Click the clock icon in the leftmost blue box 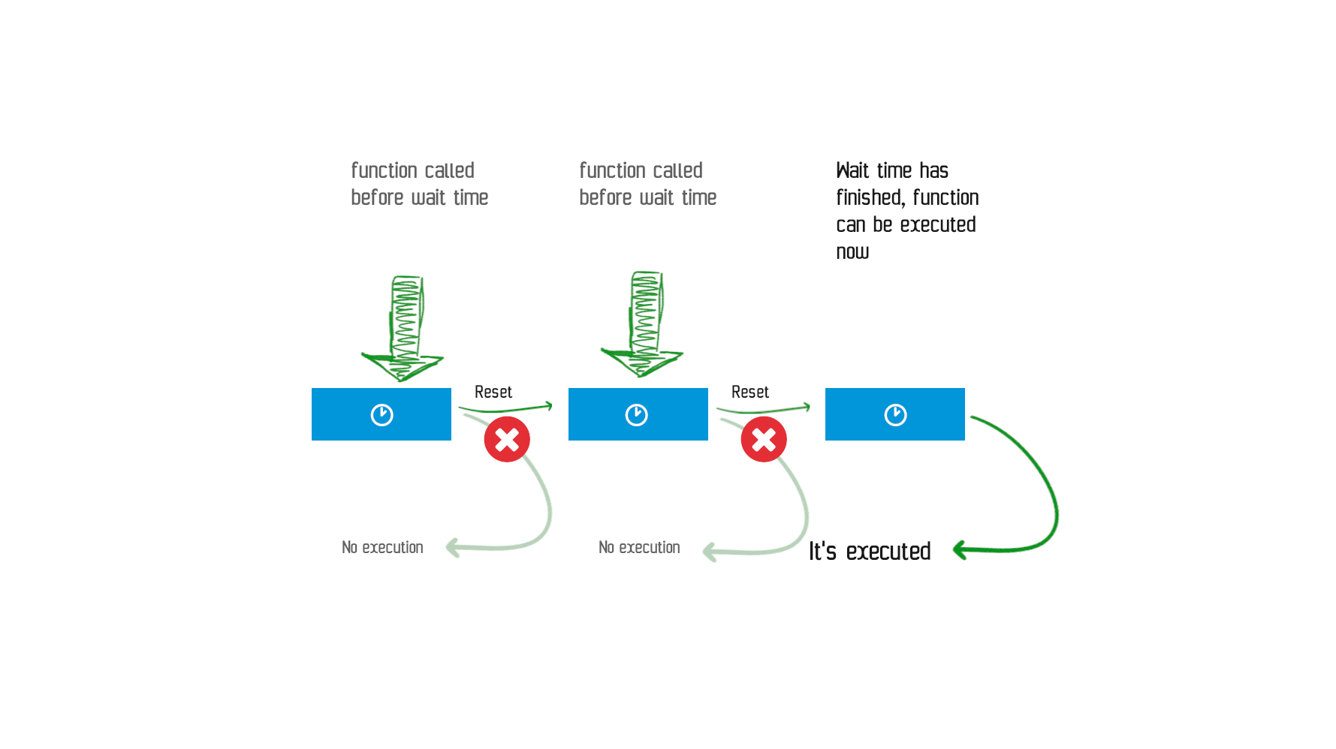tap(381, 415)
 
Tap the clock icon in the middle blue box tap(637, 415)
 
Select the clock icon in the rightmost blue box tap(895, 415)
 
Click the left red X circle tap(507, 439)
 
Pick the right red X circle tap(764, 439)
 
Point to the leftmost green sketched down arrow tap(403, 328)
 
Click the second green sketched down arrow tap(643, 323)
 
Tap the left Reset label tap(493, 392)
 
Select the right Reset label tap(750, 392)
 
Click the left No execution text tap(382, 547)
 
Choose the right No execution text tap(639, 547)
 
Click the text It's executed tap(870, 551)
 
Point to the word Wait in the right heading tap(852, 170)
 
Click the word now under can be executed tap(852, 252)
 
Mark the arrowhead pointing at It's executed tap(960, 550)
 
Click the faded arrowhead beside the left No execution tap(453, 547)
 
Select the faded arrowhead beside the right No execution tap(710, 552)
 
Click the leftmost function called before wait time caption tap(420, 184)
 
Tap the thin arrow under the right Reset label tap(764, 409)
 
